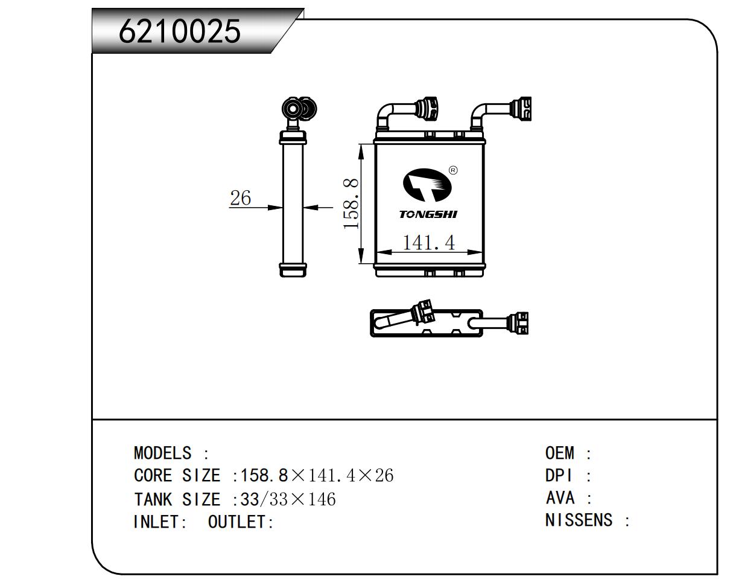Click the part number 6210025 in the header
[x=180, y=31]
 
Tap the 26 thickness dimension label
[x=240, y=197]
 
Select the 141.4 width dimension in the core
[x=428, y=243]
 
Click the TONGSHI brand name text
[x=428, y=214]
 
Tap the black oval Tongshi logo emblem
[x=428, y=184]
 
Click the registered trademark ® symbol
[x=453, y=170]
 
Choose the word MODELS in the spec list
[x=162, y=453]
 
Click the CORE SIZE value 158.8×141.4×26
[x=317, y=476]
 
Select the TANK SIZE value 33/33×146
[x=288, y=499]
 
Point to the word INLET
[x=156, y=522]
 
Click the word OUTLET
[x=237, y=522]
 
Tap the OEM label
[x=559, y=453]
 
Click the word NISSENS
[x=579, y=520]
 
